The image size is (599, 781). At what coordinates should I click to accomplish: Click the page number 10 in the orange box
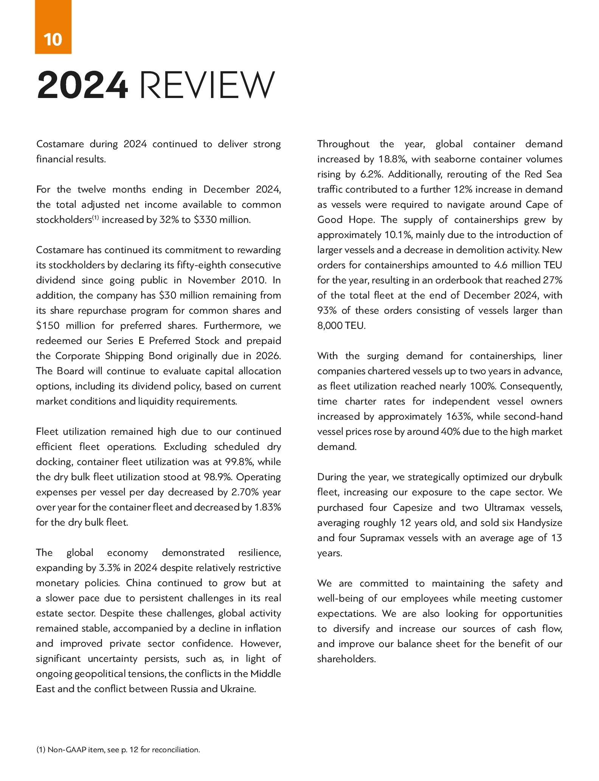tap(53, 39)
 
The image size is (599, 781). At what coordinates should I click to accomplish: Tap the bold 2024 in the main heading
tap(82, 85)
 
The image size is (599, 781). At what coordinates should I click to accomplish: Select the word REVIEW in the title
tap(206, 85)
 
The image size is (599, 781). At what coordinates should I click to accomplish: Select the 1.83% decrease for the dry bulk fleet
tap(268, 507)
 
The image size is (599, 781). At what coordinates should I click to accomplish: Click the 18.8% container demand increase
tap(393, 159)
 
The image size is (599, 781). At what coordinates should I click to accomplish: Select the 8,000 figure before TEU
tap(330, 326)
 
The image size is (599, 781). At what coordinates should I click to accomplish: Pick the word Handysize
tap(540, 523)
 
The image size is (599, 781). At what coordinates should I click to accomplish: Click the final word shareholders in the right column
tap(346, 659)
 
